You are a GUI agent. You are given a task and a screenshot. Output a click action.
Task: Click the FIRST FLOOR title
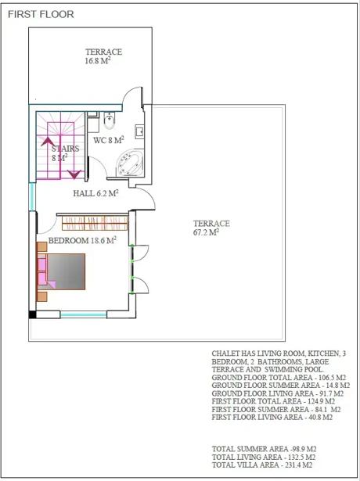(41, 14)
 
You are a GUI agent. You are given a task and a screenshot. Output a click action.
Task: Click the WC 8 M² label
(109, 140)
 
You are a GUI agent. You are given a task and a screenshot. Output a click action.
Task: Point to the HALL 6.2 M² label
(95, 193)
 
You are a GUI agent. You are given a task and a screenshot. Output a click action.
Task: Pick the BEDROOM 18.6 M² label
(82, 240)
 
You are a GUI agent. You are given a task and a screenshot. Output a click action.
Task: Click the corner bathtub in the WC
(130, 163)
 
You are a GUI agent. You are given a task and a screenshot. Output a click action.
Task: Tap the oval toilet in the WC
(110, 120)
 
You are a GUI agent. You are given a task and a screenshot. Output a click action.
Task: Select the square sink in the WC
(139, 131)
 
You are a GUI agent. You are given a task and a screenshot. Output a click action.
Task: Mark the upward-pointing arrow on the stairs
(48, 142)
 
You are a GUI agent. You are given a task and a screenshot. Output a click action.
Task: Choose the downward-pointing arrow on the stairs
(74, 174)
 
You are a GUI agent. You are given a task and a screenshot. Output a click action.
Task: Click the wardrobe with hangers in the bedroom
(95, 223)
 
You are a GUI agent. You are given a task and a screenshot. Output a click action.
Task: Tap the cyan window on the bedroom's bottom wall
(84, 314)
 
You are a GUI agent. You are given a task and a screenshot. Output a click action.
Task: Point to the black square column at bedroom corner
(32, 314)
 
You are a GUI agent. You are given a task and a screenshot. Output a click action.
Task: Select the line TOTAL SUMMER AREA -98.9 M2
(264, 449)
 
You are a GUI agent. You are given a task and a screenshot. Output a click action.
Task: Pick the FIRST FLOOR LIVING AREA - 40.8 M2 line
(272, 417)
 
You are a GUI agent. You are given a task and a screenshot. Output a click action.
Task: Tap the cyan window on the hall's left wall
(32, 196)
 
